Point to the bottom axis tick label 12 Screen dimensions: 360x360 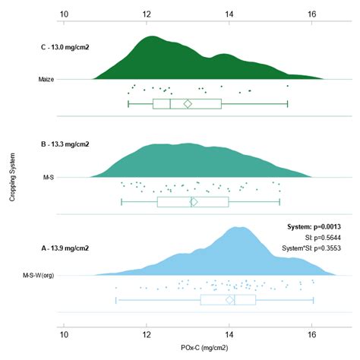click(147, 335)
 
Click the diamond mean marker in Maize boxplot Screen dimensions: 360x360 click(188, 103)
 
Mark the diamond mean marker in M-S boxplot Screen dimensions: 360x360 click(194, 202)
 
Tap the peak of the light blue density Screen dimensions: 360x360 click(238, 227)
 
